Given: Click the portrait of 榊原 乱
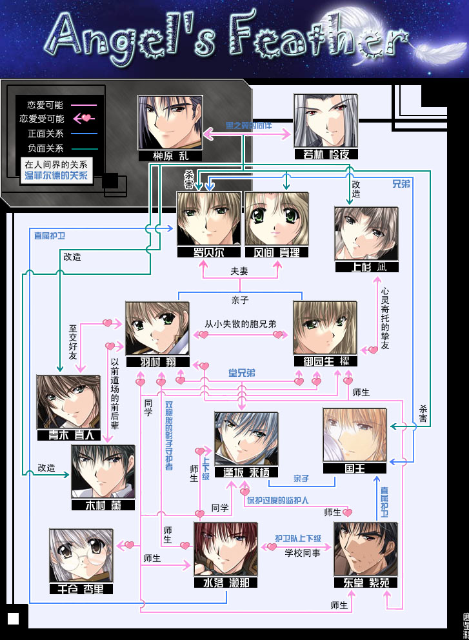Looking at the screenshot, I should coord(170,123).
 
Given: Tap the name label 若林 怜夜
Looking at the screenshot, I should coord(325,155).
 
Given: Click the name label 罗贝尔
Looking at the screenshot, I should coord(209,252).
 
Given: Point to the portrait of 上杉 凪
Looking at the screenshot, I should coord(366,233).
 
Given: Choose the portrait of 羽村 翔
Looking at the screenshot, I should coord(157,328).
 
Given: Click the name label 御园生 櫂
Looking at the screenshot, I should coord(325,361).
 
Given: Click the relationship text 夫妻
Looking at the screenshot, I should coord(240,272).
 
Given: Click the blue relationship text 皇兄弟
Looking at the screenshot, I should coord(242,373).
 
